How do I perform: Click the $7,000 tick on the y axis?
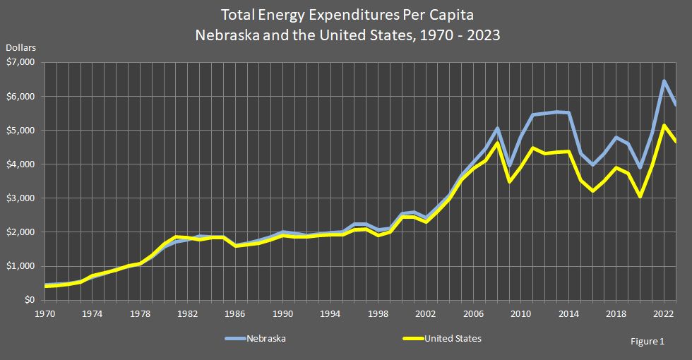(22, 62)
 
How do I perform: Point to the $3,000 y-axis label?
(22, 198)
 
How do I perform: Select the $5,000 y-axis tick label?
(22, 131)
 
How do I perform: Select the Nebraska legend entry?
(266, 339)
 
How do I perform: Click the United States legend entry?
(452, 339)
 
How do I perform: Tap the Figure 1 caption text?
(648, 341)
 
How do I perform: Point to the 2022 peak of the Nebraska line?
(664, 81)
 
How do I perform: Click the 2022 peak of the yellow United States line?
(664, 126)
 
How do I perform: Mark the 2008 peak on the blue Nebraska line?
(497, 128)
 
